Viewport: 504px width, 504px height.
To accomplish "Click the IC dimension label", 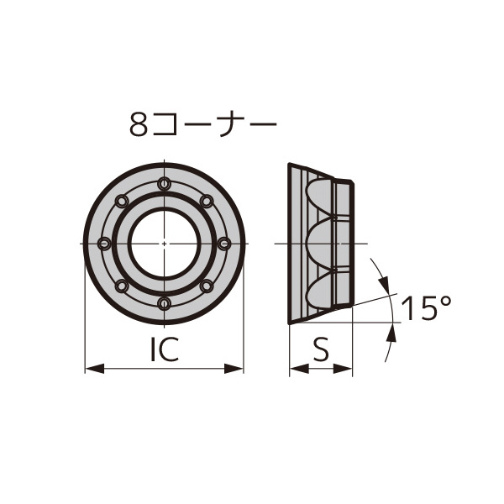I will tap(165, 349).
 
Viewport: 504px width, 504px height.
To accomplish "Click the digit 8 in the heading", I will tap(139, 126).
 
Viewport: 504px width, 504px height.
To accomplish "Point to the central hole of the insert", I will tap(165, 243).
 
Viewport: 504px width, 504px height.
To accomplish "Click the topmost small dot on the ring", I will tap(165, 184).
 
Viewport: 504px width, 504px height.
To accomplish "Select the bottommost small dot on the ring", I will tap(165, 302).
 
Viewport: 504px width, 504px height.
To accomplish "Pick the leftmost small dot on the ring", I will tap(105, 243).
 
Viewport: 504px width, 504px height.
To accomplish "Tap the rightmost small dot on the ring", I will tap(223, 243).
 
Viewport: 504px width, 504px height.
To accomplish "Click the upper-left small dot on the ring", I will tap(123, 201).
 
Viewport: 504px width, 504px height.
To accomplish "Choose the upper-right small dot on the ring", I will tap(207, 201).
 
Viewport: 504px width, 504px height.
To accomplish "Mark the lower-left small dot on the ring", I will tap(123, 285).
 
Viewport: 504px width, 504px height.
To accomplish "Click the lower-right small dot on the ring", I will tap(207, 285).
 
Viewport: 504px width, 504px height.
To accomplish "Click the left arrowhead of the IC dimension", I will tap(92, 367).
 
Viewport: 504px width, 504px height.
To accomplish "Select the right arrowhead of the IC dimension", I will tap(237, 367).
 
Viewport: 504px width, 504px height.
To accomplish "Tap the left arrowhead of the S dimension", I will tap(296, 367).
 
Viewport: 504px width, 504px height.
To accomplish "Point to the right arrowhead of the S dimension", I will tap(346, 367).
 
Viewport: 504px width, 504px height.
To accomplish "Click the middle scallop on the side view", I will tap(322, 243).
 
